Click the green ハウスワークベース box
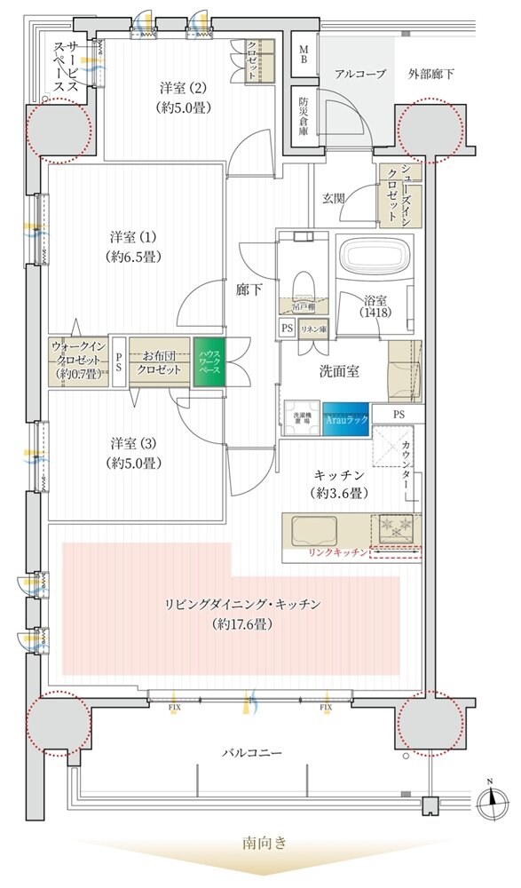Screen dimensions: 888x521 209,362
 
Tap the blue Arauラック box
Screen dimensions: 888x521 346,418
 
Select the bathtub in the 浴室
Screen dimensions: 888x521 373,258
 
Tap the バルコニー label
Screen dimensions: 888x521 252,753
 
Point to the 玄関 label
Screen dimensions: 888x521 334,196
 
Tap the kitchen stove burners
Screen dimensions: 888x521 396,531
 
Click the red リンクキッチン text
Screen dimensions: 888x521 338,553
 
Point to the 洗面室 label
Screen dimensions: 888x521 340,371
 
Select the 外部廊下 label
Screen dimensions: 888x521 432,75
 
